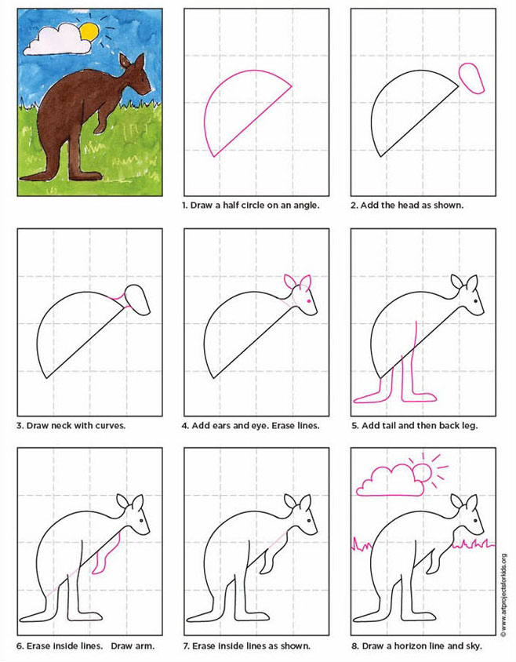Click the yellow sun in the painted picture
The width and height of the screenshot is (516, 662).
89,31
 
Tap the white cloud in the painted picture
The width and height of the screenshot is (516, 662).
55,39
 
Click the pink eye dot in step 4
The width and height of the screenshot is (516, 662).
309,302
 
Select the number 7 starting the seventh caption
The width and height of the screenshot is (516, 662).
185,646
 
